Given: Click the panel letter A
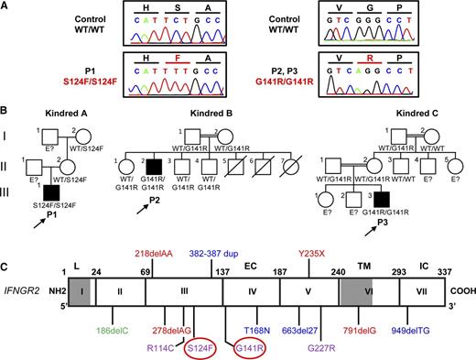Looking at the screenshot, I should click(7, 6).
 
